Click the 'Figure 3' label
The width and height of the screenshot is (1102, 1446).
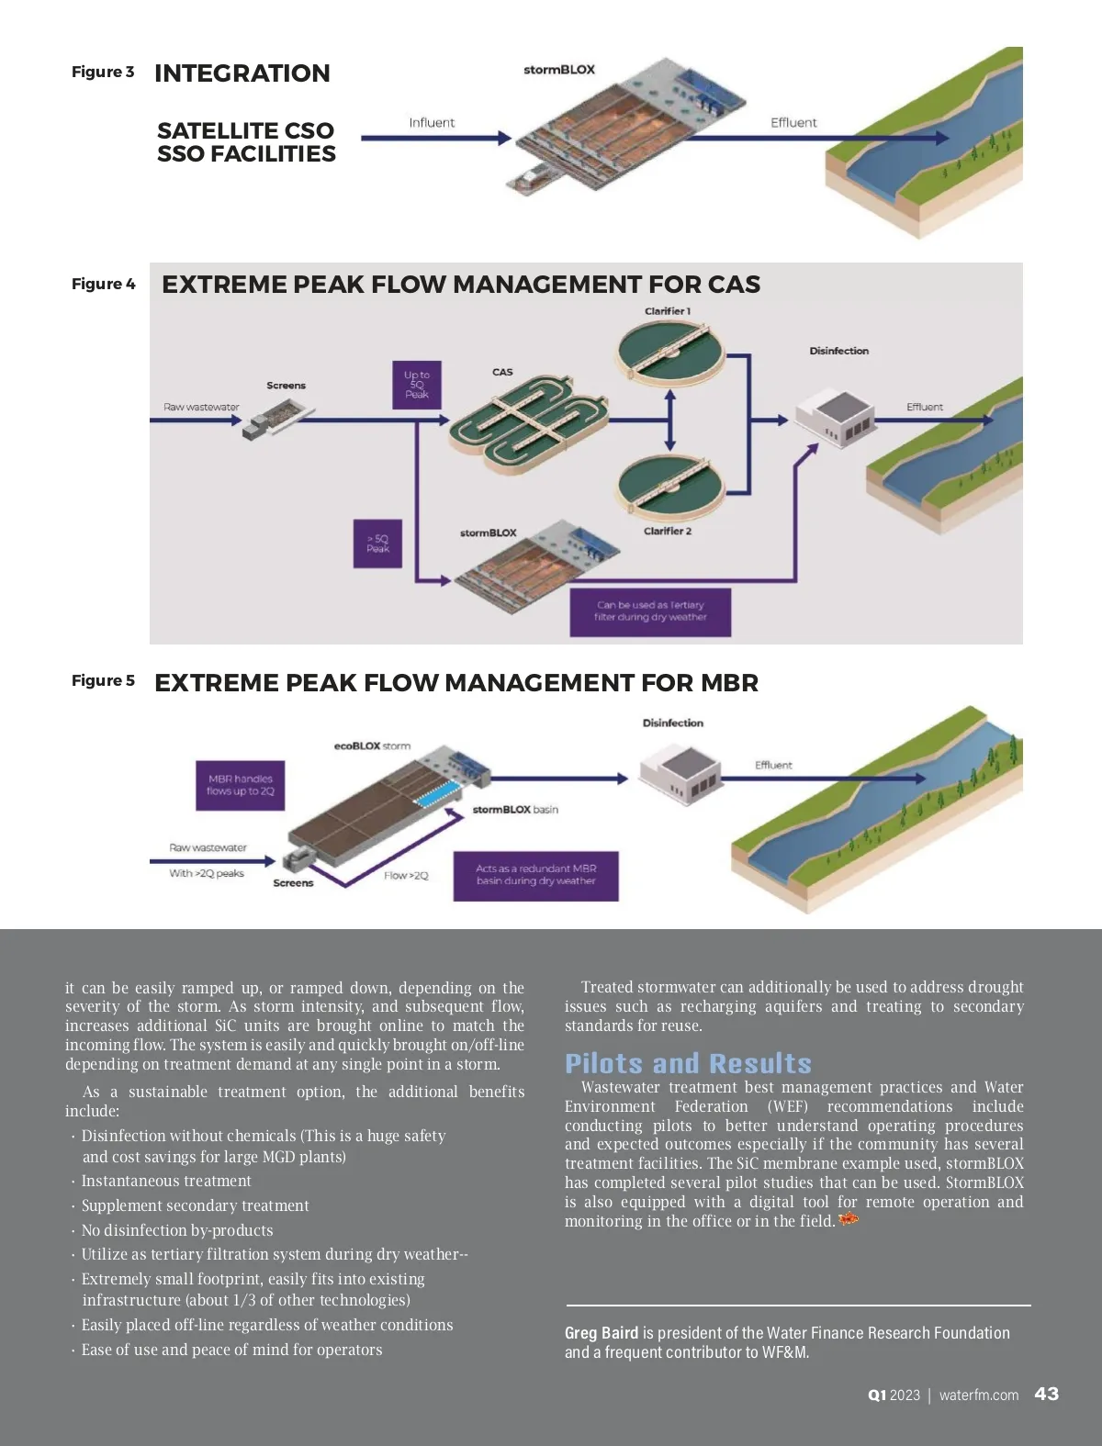[x=103, y=72]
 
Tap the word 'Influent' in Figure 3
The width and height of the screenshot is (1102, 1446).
[x=432, y=122]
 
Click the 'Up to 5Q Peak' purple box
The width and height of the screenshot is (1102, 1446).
[x=416, y=385]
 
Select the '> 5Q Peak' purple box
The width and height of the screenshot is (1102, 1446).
[x=377, y=544]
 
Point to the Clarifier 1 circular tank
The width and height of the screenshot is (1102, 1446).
[x=669, y=353]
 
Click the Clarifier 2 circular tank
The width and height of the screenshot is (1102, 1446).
[x=669, y=487]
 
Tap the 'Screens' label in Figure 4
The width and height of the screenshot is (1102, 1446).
[x=286, y=386]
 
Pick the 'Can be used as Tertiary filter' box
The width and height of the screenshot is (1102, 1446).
[x=650, y=612]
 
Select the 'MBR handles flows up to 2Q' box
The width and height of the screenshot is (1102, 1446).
[x=241, y=785]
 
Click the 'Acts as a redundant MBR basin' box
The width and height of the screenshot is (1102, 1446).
[x=535, y=876]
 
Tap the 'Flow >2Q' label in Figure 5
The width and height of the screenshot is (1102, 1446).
[x=406, y=876]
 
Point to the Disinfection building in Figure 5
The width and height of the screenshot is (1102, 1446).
[x=680, y=773]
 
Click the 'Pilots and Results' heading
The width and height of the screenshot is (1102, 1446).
[x=689, y=1063]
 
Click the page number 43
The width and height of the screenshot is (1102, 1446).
[x=1047, y=1394]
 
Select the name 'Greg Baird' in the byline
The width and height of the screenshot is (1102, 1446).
[x=602, y=1333]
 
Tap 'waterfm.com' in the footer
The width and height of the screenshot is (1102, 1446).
[x=979, y=1395]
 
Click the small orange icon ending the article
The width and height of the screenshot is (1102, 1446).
[x=849, y=1219]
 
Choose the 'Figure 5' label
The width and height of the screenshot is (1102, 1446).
[x=103, y=680]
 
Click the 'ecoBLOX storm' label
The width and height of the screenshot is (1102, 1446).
[x=372, y=745]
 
